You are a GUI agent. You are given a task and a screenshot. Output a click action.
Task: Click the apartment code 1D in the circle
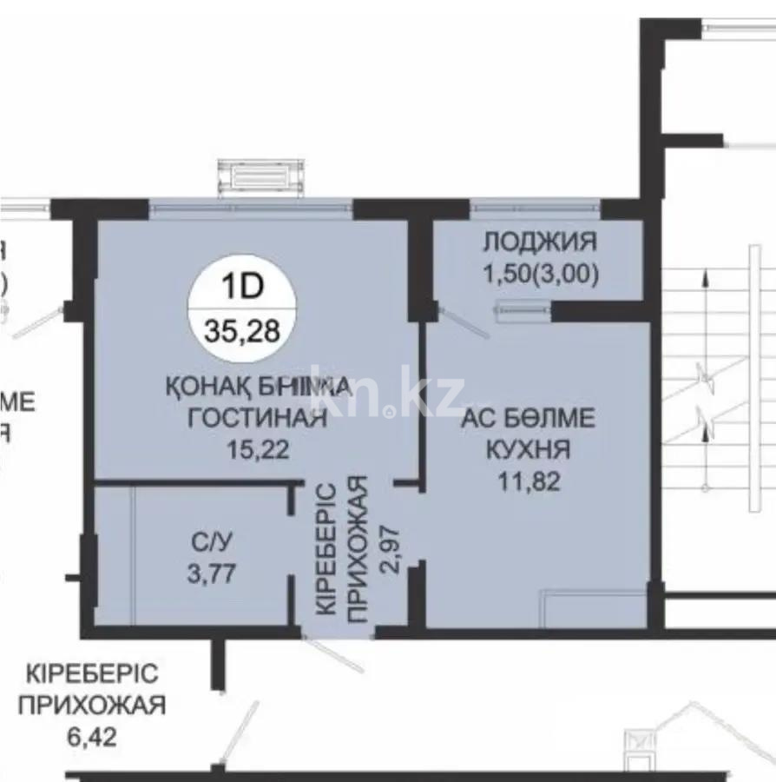click(242, 284)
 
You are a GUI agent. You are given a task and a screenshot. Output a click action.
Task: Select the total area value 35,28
click(242, 330)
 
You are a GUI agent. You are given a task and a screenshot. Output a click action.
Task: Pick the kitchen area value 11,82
click(528, 480)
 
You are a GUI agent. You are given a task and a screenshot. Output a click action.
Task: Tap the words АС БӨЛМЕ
click(528, 419)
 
